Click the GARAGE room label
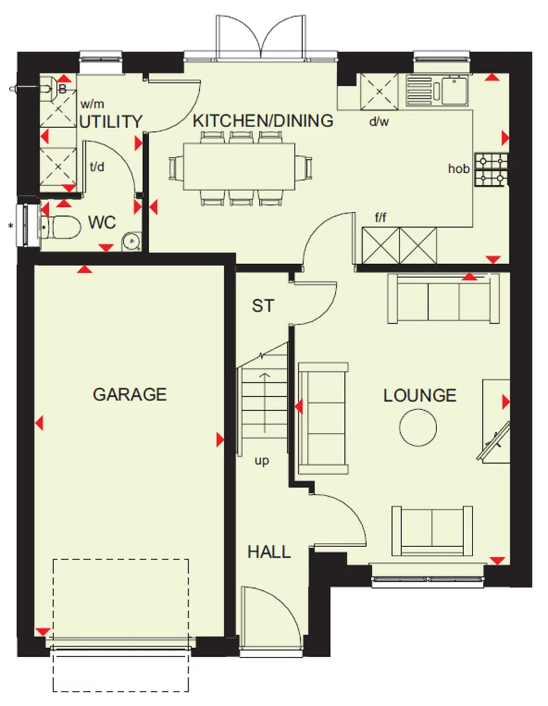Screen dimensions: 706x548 coord(129,394)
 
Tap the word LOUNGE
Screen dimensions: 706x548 coord(420,396)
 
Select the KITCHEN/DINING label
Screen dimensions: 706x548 coord(263,121)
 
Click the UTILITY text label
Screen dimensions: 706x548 coord(111,122)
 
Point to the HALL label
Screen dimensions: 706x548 coord(269,552)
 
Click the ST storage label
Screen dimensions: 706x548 coord(263,306)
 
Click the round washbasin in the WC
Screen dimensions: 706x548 coord(130,242)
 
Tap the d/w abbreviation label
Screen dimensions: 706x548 coord(379,121)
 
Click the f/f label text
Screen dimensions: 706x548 coord(381,217)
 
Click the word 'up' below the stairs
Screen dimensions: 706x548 coord(261,461)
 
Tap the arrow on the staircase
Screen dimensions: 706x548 coord(265,402)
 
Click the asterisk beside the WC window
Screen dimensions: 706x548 coord(10,228)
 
